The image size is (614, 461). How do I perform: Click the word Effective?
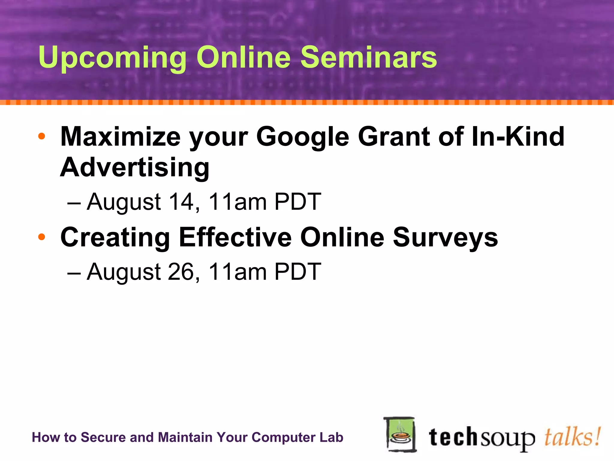[x=236, y=237]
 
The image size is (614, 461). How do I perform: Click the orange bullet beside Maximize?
[x=42, y=137]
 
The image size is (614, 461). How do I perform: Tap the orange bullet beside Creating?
[x=42, y=237]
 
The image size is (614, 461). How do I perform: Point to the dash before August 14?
[x=74, y=203]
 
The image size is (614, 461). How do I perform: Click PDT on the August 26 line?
[x=298, y=272]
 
